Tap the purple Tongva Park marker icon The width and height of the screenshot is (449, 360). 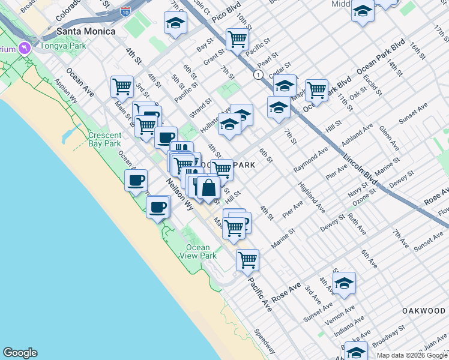click(x=25, y=47)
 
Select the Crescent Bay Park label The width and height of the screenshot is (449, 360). click(x=104, y=139)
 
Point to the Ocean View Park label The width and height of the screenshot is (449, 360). click(x=197, y=251)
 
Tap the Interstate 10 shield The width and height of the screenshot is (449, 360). click(x=124, y=11)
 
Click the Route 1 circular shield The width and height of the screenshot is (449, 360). click(x=258, y=74)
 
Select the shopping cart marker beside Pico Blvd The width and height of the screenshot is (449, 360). click(x=238, y=40)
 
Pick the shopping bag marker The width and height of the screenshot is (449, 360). click(x=208, y=187)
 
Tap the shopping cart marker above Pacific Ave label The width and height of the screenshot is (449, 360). click(x=247, y=260)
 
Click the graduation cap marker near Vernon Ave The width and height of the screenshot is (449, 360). click(x=344, y=283)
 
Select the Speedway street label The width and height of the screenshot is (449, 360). click(x=264, y=341)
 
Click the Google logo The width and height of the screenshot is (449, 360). click(x=20, y=353)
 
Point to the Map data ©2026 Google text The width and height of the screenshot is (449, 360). click(x=411, y=355)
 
